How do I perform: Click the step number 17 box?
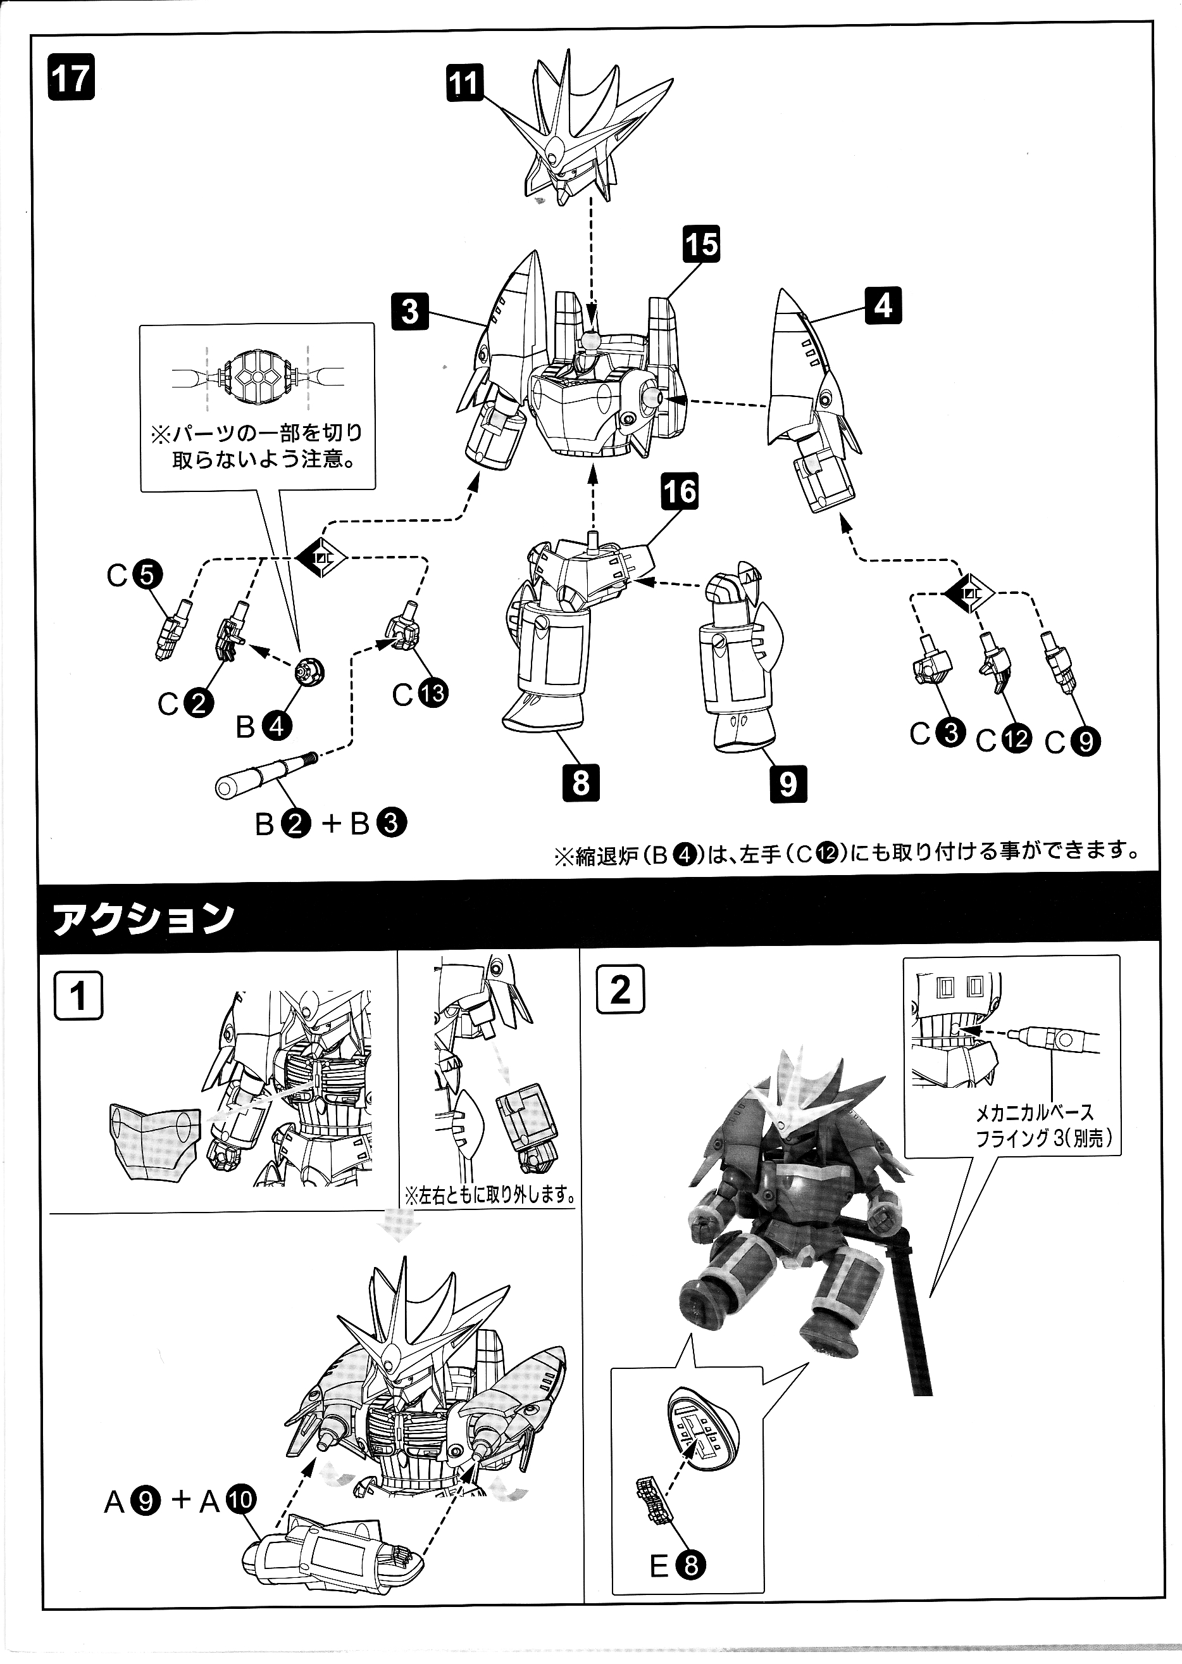pos(71,79)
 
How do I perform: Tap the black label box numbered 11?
pos(464,83)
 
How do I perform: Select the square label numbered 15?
pos(701,243)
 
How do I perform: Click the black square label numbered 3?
pos(410,311)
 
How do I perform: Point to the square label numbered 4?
pos(883,306)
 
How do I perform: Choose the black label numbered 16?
pos(680,491)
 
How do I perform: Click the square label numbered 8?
pos(580,783)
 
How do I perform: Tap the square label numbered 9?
pos(788,785)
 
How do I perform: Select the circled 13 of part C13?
pos(432,693)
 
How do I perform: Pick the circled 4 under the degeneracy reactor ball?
pos(277,726)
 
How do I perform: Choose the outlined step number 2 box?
pos(619,990)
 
